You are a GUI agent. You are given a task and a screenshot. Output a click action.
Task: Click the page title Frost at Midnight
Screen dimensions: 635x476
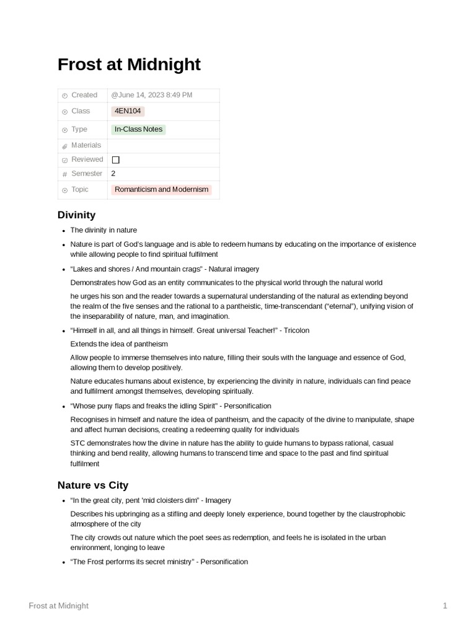(x=129, y=64)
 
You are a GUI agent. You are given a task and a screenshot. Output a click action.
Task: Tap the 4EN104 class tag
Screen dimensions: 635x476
(x=128, y=111)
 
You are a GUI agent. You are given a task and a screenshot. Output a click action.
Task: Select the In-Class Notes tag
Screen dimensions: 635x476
(x=138, y=129)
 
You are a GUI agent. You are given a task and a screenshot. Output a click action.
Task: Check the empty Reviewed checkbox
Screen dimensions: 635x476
(x=115, y=159)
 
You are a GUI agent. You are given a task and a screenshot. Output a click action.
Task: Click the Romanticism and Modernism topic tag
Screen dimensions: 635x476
(x=161, y=189)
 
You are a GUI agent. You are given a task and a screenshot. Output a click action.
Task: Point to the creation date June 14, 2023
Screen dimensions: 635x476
(x=152, y=95)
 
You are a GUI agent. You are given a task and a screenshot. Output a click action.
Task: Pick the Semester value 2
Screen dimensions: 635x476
(x=113, y=174)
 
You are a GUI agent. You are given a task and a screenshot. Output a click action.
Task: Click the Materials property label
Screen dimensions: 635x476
(x=86, y=145)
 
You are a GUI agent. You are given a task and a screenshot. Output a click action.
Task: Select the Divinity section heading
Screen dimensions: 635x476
(x=76, y=215)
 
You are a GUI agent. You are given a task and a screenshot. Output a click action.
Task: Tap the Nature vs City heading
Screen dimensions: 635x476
(x=93, y=485)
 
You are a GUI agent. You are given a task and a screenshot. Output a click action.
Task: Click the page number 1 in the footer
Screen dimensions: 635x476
(x=445, y=605)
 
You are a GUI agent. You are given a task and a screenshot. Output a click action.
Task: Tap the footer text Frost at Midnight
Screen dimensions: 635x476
(x=58, y=605)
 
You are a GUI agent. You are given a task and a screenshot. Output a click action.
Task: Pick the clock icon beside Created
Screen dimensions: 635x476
(x=64, y=95)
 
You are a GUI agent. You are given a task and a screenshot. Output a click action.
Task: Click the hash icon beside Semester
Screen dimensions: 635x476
(x=64, y=174)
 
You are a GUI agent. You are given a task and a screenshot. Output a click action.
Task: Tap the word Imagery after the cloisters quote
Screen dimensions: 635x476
(x=218, y=500)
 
